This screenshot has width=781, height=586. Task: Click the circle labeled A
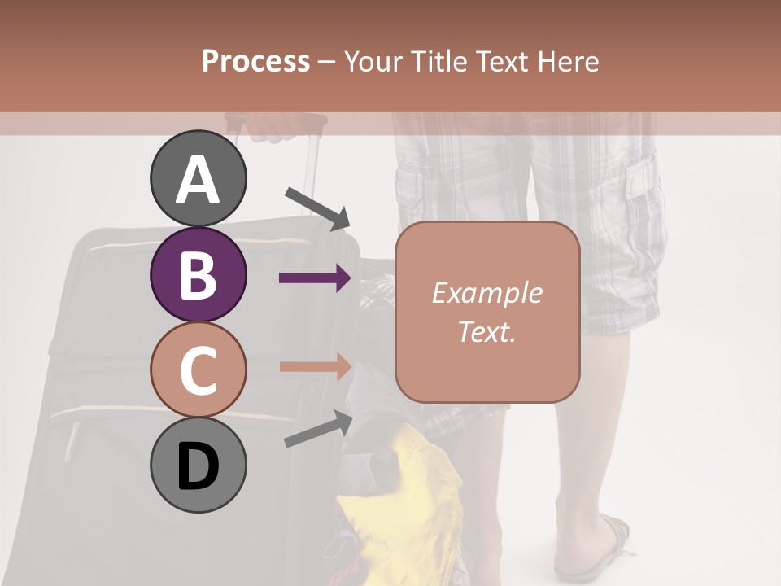point(199,178)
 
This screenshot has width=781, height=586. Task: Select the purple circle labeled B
point(199,274)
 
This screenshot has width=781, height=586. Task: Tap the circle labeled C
point(199,370)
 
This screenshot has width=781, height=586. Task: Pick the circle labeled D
point(199,466)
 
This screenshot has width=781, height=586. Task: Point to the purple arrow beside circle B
point(316,278)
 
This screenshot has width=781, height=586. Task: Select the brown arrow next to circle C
point(316,367)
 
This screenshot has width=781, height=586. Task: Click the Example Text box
point(487,312)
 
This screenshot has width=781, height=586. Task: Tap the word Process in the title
point(255,61)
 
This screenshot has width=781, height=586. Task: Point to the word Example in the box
point(486,293)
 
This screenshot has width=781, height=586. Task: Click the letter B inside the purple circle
point(199,274)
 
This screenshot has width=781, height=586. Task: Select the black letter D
point(199,466)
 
